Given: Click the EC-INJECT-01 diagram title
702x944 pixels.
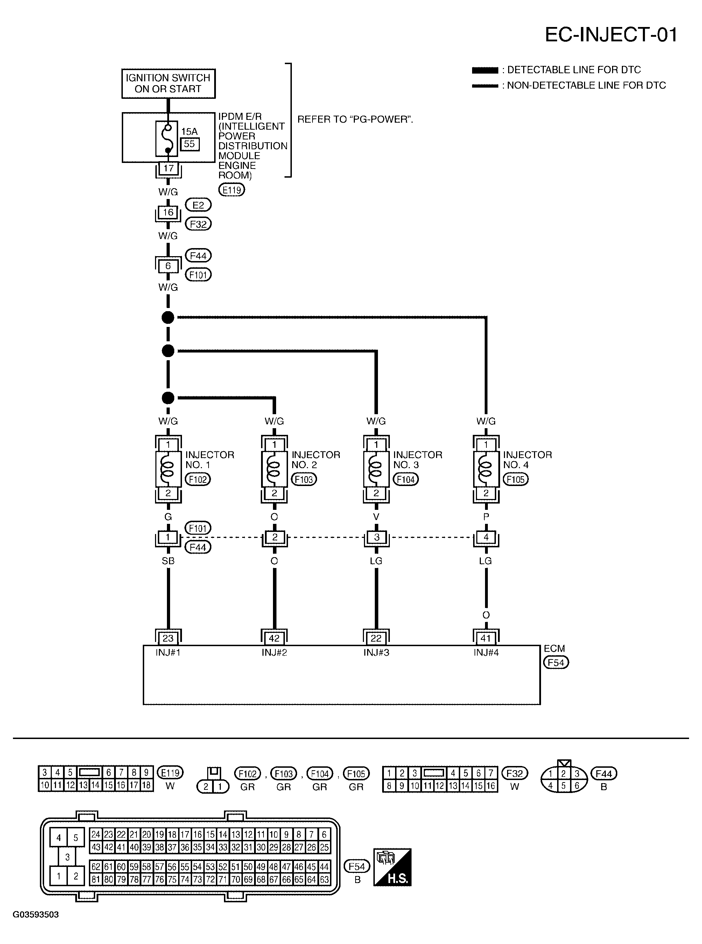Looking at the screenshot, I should (611, 35).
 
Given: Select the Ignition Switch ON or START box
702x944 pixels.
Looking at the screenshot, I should (168, 83).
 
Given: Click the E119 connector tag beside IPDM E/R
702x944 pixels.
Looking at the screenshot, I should (232, 190).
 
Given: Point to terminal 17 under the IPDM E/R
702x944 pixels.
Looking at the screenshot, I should (168, 168).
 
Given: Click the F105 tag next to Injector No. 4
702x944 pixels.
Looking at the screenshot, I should (515, 479).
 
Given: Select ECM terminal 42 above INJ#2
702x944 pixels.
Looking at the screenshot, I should (274, 638).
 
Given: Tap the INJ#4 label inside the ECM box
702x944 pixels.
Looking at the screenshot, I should (486, 652).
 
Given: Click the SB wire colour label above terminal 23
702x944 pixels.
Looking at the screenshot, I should (168, 561).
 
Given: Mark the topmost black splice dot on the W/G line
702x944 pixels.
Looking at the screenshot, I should (168, 317).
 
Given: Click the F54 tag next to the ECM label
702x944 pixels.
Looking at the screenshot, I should (556, 662).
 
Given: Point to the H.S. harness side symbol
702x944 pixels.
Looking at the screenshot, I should (392, 867).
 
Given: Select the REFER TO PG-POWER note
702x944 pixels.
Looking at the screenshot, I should (355, 119).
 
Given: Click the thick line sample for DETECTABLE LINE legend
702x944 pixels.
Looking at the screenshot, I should (485, 70).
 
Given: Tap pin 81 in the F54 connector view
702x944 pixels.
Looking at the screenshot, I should (96, 879).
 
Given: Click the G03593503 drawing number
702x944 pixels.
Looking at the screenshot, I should (36, 915).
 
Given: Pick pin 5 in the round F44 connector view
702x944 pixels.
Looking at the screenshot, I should (563, 786).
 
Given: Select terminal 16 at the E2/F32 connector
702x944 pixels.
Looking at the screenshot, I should (168, 212).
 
